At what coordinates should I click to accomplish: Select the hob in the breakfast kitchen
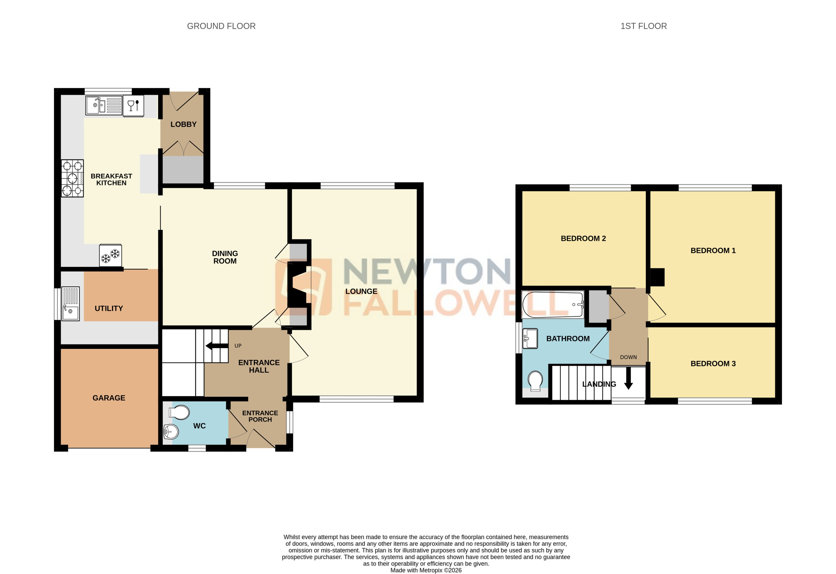point(72,178)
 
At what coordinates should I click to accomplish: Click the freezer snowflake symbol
point(110,256)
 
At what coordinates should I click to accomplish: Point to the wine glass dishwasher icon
point(133,106)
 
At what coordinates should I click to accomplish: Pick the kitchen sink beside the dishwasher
point(104,105)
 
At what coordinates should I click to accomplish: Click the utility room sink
point(70,303)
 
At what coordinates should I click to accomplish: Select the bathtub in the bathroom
point(552,305)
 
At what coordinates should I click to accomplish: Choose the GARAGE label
point(109,398)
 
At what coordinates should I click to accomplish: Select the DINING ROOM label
point(225,257)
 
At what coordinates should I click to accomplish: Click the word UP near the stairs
point(238,346)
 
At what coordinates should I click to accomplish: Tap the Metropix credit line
point(426,570)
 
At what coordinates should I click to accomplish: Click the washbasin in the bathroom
point(530,338)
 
